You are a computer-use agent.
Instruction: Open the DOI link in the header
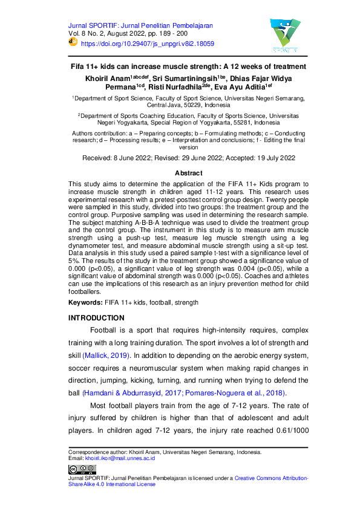[147, 44]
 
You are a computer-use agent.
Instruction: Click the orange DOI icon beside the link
[73, 44]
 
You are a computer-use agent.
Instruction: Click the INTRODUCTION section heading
[97, 318]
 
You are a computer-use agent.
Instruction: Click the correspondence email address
[120, 458]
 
